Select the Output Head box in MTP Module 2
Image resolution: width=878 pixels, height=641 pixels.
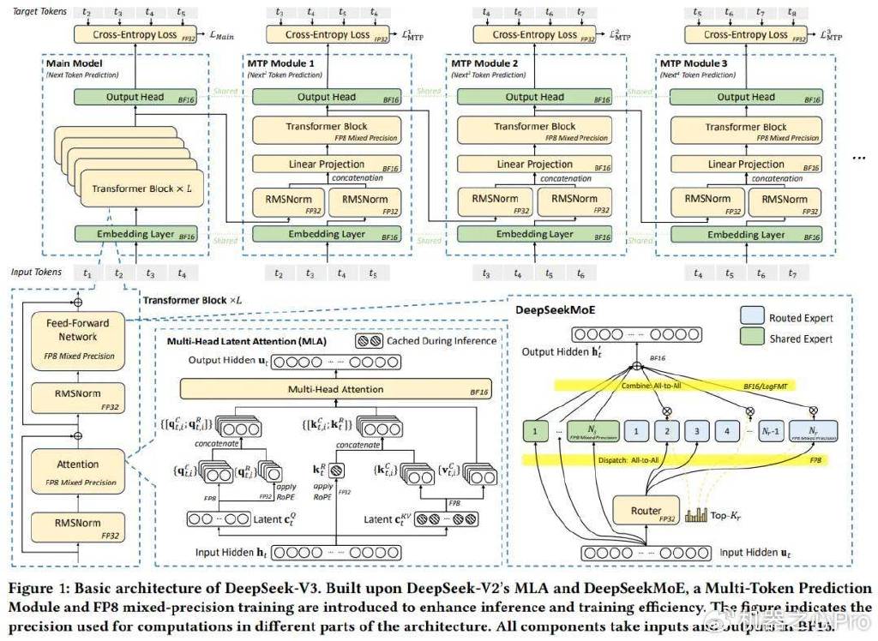534,97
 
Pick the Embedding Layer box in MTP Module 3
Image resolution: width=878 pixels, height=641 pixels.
745,234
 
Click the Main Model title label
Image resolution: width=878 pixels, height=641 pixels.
75,64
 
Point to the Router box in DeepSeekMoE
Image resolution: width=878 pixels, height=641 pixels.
646,512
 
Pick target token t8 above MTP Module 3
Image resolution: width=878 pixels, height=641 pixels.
791,14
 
